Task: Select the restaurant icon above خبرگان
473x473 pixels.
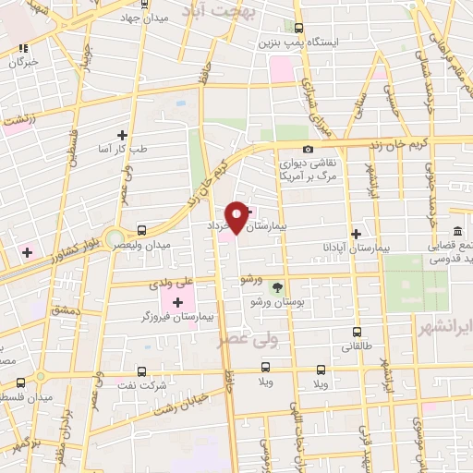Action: [x=24, y=46]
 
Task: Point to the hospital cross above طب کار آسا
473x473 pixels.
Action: [x=122, y=135]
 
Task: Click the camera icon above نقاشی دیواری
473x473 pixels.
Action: [x=308, y=149]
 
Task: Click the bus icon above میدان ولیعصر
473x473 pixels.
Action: [x=140, y=230]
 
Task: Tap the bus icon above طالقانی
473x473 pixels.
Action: [x=356, y=332]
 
